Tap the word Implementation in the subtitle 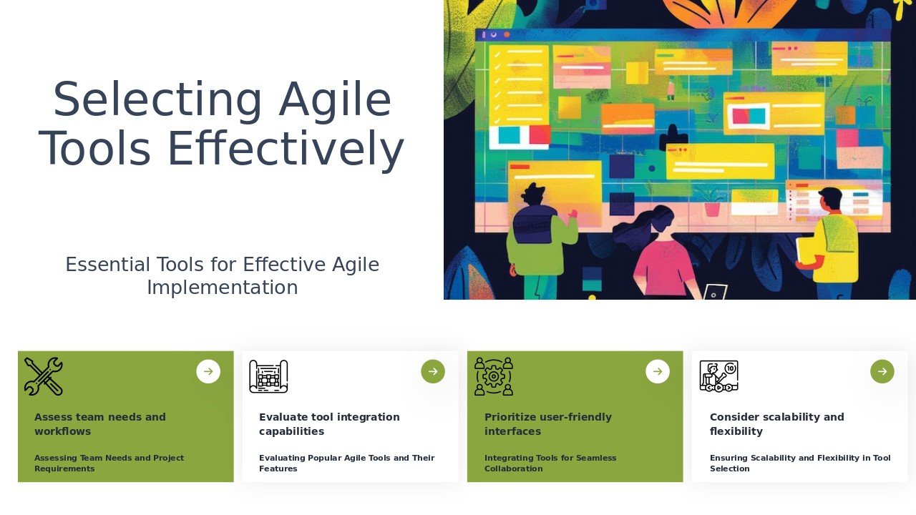[x=223, y=288]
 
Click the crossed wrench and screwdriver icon [x=44, y=376]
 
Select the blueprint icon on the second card [x=268, y=376]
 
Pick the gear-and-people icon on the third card [x=494, y=376]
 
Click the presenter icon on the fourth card [x=719, y=376]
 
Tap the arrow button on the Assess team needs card [x=208, y=371]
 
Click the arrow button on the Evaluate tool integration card [x=433, y=371]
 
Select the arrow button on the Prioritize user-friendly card [x=658, y=371]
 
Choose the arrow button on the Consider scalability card [x=882, y=371]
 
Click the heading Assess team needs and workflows [x=100, y=424]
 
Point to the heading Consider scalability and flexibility [x=777, y=424]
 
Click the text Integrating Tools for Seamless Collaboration [x=550, y=463]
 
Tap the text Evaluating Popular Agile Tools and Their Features [x=347, y=463]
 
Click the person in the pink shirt [x=658, y=253]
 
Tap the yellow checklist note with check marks [x=519, y=85]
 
